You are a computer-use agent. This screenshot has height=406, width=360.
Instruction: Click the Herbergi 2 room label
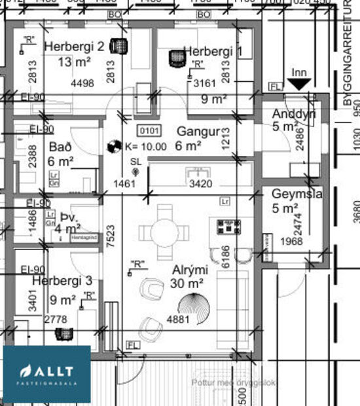(73, 47)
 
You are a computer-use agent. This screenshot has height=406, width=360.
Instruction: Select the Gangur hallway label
(198, 131)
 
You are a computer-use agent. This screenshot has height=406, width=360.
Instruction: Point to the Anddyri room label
(293, 115)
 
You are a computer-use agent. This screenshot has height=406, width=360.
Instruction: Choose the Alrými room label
(190, 269)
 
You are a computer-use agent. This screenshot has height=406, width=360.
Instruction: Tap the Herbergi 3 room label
(62, 281)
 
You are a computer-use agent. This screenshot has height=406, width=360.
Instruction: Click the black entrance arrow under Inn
(299, 84)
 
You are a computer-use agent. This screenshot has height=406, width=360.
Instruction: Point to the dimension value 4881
(178, 320)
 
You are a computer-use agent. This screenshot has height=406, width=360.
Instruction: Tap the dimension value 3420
(200, 184)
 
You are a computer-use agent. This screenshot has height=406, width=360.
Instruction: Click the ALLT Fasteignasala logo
(46, 374)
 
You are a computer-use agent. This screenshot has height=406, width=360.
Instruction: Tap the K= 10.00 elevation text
(145, 147)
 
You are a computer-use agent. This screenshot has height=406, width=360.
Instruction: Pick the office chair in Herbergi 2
(118, 46)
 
